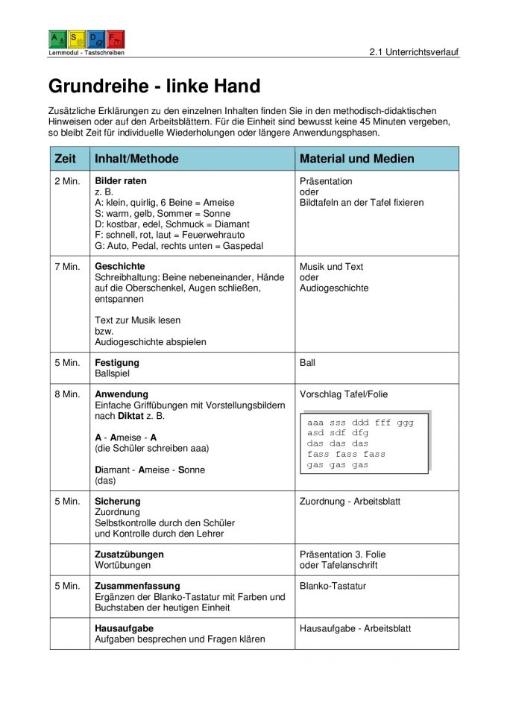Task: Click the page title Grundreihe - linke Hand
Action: [154, 86]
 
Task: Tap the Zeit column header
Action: [66, 159]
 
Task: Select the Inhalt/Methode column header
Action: [136, 159]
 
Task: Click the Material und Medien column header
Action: [356, 159]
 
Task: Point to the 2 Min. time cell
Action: [67, 181]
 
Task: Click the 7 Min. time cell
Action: [67, 267]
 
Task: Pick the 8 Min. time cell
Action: [67, 394]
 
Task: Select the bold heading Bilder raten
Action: [121, 181]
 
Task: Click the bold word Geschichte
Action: [120, 267]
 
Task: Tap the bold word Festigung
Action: [117, 363]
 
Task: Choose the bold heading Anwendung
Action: [122, 394]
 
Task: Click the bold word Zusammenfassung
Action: [137, 587]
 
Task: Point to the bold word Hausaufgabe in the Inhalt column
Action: [125, 629]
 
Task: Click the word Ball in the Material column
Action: [307, 363]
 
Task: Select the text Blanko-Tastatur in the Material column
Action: [333, 587]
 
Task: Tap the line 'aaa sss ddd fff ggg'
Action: [360, 423]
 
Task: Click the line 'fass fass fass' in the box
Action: [346, 454]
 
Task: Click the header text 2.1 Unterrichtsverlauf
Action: [414, 52]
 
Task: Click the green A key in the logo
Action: [57, 40]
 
